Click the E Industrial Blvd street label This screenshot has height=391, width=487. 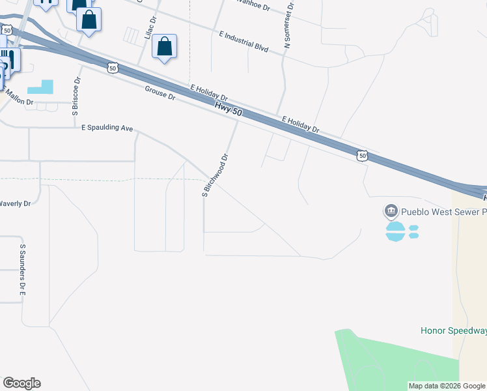[x=244, y=40]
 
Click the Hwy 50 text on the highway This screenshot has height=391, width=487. [x=229, y=108]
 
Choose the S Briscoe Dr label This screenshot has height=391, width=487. [x=76, y=97]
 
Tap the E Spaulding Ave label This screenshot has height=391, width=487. [x=107, y=128]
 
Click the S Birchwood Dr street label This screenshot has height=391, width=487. [x=216, y=175]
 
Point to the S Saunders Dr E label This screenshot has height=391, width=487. [x=22, y=270]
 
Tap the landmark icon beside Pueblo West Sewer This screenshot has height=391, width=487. [x=391, y=211]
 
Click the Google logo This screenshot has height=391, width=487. [x=21, y=383]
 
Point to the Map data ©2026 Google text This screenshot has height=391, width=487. [x=446, y=386]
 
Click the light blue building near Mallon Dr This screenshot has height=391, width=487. [x=41, y=87]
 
